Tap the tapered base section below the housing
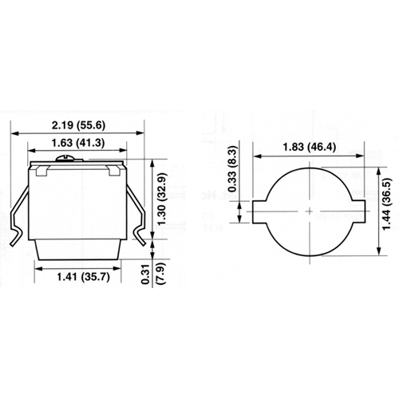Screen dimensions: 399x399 pyautogui.click(x=78, y=249)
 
